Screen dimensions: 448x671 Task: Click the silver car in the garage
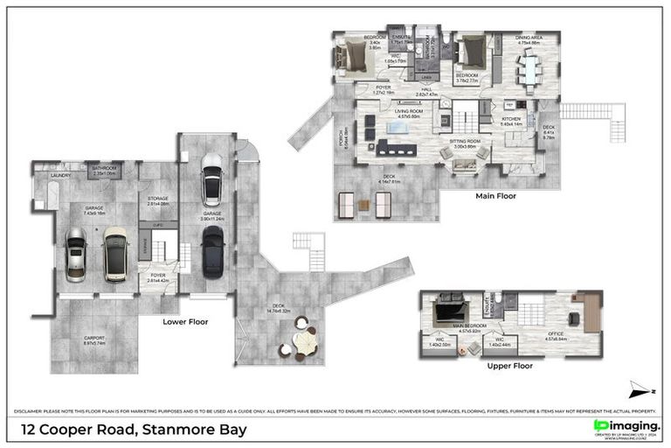(76, 255)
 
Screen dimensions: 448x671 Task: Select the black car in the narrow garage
(212, 251)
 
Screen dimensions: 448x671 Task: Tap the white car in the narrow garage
(211, 179)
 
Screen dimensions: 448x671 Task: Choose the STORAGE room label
(158, 199)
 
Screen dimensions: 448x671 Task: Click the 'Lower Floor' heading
(184, 322)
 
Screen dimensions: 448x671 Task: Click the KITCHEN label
(511, 119)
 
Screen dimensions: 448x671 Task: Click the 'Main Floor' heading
(495, 197)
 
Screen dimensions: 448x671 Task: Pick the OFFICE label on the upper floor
(557, 334)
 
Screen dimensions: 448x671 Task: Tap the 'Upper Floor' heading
(510, 366)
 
